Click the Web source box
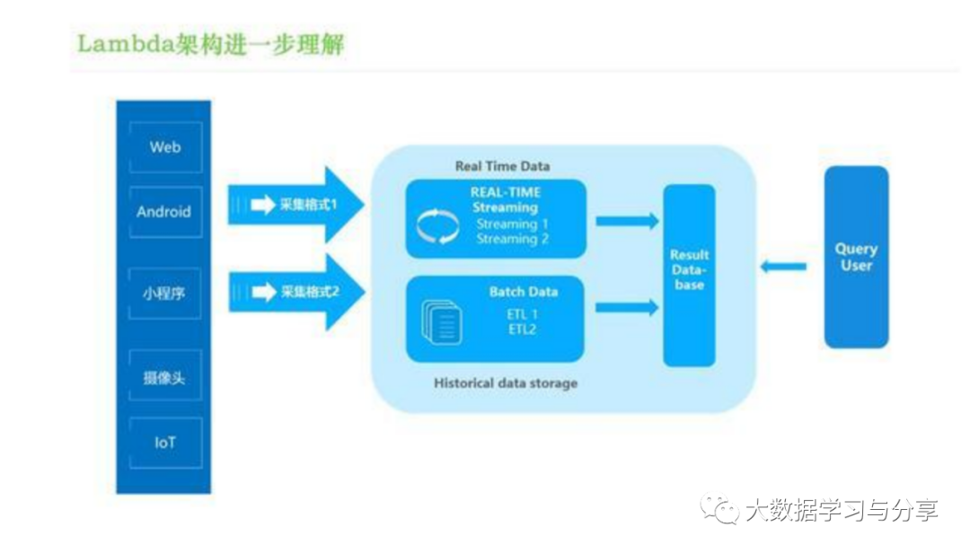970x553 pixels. pyautogui.click(x=164, y=147)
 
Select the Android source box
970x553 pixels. pyautogui.click(x=164, y=212)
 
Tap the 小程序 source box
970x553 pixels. pyautogui.click(x=164, y=293)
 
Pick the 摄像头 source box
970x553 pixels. pyautogui.click(x=164, y=376)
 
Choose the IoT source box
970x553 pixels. pyautogui.click(x=164, y=443)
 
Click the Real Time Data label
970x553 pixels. pyautogui.click(x=502, y=166)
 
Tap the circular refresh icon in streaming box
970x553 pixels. pyautogui.click(x=438, y=226)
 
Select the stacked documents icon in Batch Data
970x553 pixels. pyautogui.click(x=442, y=321)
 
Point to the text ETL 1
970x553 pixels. pyautogui.click(x=522, y=314)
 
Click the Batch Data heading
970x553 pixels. pyautogui.click(x=524, y=292)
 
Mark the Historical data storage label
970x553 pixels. pyautogui.click(x=506, y=383)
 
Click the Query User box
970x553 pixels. pyautogui.click(x=856, y=257)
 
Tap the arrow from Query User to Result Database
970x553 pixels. pyautogui.click(x=783, y=266)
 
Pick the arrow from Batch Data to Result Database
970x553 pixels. pyautogui.click(x=627, y=308)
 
